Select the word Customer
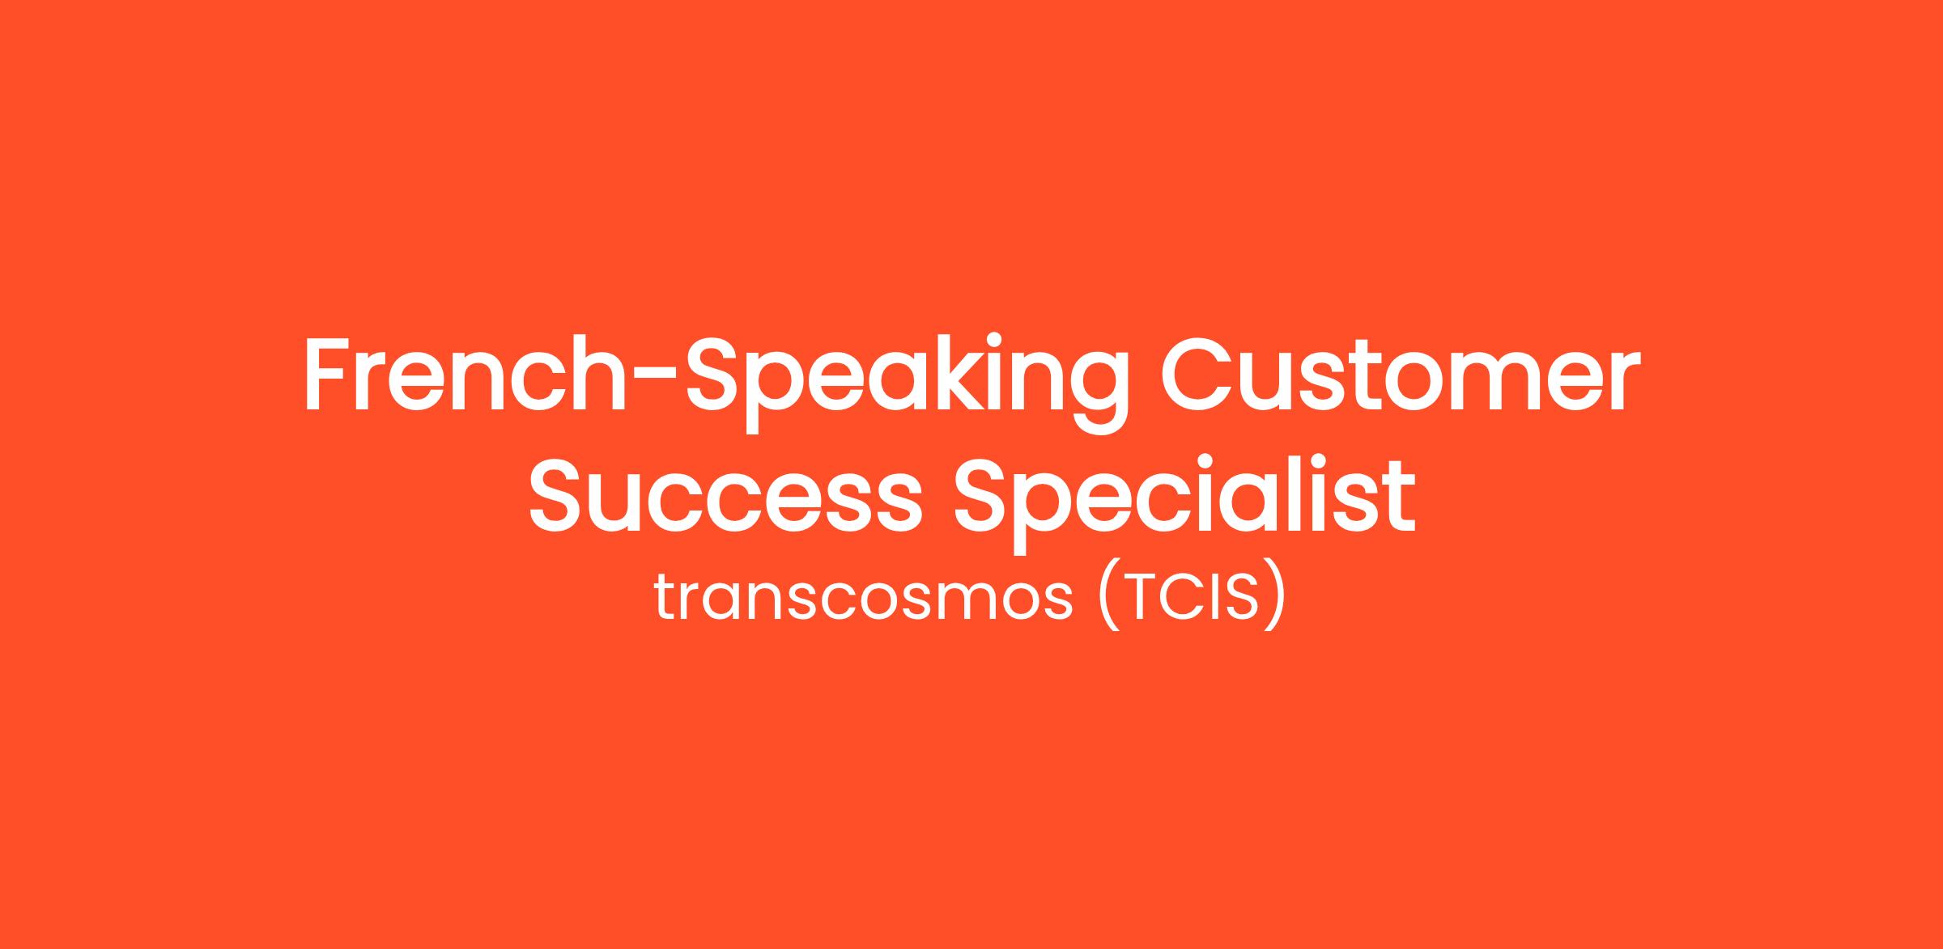[1401, 375]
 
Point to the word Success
[725, 494]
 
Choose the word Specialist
[1184, 502]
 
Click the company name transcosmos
[863, 599]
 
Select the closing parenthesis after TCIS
[1275, 599]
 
